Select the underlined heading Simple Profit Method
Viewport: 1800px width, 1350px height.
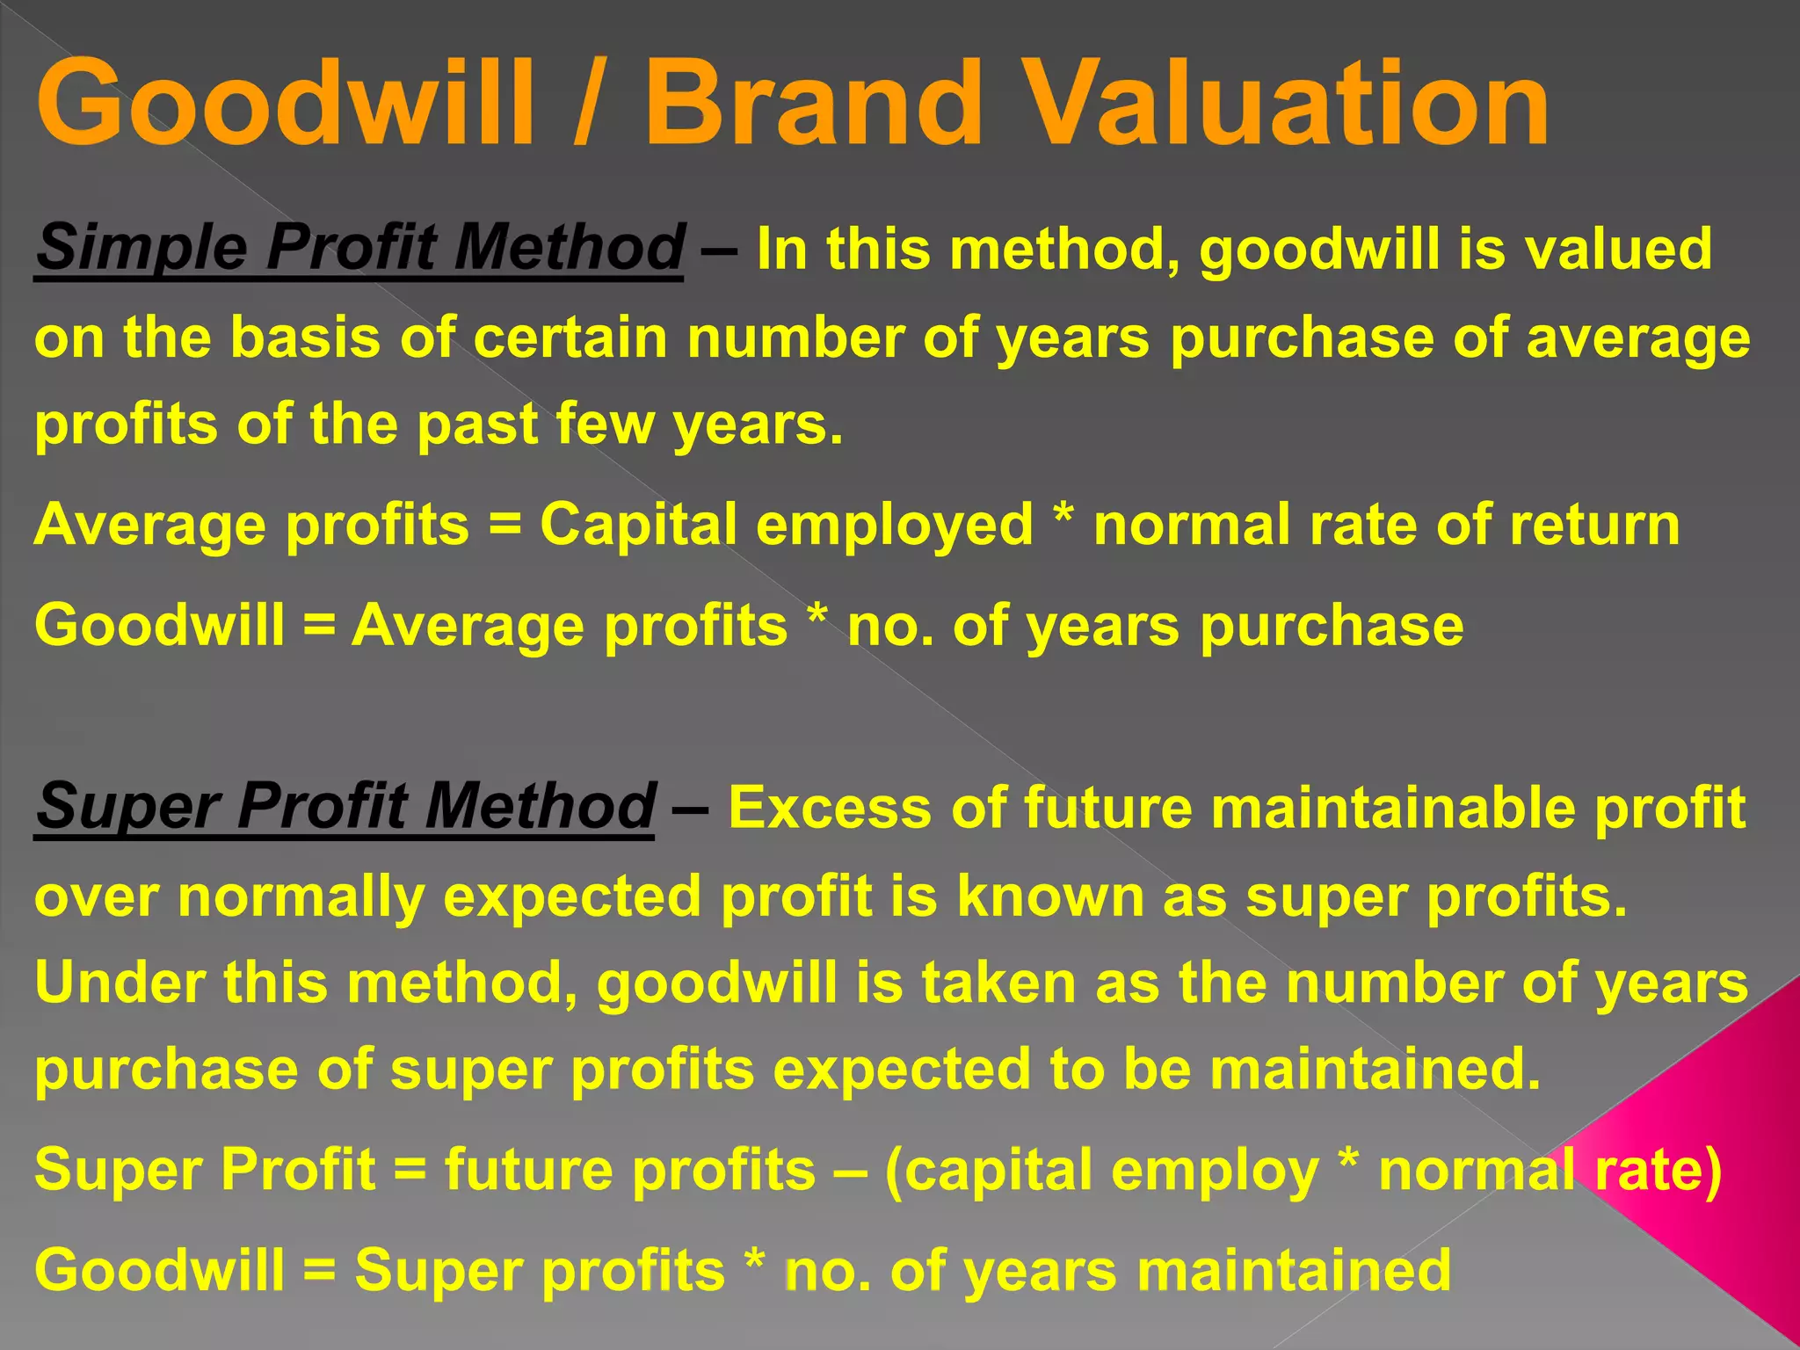(359, 248)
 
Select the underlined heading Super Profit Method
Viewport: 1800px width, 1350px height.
(345, 806)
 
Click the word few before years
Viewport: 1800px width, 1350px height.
(606, 424)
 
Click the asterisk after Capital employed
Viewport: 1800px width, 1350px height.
(1063, 519)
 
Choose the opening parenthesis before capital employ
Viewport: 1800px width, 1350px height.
(894, 1172)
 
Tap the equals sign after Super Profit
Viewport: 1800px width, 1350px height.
(410, 1172)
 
